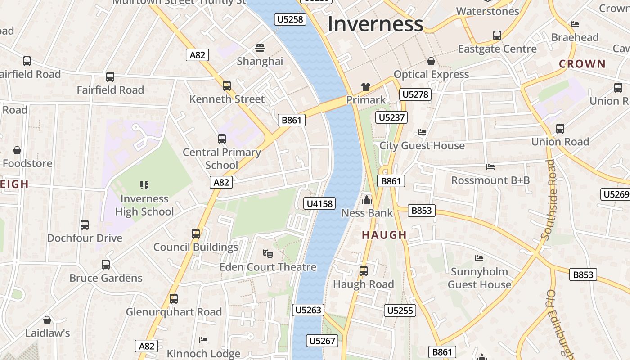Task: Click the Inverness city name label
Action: pyautogui.click(x=375, y=24)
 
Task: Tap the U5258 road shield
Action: pyautogui.click(x=291, y=19)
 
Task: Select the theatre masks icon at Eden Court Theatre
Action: pyautogui.click(x=268, y=254)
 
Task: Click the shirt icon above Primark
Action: pyautogui.click(x=365, y=86)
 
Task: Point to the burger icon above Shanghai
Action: pyautogui.click(x=260, y=48)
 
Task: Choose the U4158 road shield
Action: pyautogui.click(x=319, y=204)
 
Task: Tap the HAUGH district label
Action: pyautogui.click(x=384, y=235)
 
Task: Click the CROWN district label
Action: pyautogui.click(x=582, y=64)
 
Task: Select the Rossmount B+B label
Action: pyautogui.click(x=490, y=180)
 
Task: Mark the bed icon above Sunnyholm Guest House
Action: pyautogui.click(x=479, y=258)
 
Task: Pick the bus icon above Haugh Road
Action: pyautogui.click(x=364, y=271)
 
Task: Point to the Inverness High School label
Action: pyautogui.click(x=144, y=205)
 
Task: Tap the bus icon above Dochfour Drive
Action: pyautogui.click(x=85, y=225)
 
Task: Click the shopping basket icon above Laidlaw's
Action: pyautogui.click(x=47, y=320)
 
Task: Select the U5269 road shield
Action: pyautogui.click(x=615, y=194)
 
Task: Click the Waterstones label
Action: pyautogui.click(x=487, y=11)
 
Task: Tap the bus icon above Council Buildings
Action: pyautogui.click(x=196, y=234)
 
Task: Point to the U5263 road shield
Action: pyautogui.click(x=308, y=310)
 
